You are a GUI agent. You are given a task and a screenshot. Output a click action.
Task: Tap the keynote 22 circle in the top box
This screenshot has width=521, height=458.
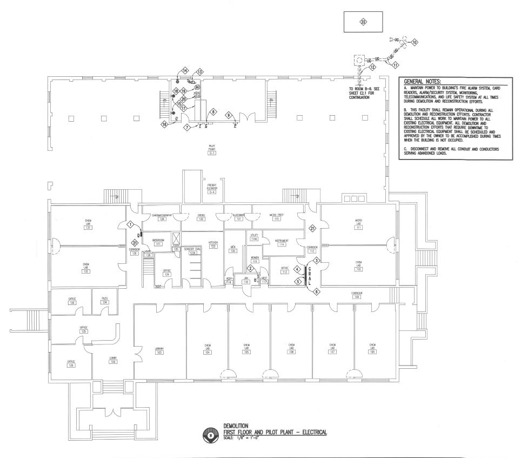(363, 21)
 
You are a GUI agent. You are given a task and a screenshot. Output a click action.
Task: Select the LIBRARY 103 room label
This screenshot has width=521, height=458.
(159, 350)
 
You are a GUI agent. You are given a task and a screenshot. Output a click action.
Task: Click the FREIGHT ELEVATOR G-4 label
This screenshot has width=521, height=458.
(212, 188)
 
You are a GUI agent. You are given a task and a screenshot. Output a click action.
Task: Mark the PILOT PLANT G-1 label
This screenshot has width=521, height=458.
(212, 150)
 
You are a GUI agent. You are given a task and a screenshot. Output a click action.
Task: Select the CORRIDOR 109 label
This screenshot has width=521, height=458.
(357, 295)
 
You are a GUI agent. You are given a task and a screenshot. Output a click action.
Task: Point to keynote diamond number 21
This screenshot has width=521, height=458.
(312, 228)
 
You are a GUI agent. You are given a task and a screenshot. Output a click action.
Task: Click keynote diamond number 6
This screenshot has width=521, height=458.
(317, 291)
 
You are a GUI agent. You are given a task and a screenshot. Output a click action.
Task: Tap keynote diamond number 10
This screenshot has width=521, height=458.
(415, 42)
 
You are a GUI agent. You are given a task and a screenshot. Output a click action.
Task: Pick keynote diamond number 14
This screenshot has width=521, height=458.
(185, 71)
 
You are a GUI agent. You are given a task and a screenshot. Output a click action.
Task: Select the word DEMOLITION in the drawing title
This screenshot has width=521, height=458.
(235, 426)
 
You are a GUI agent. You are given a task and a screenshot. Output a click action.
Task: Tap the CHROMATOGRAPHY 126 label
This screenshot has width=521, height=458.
(162, 217)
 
